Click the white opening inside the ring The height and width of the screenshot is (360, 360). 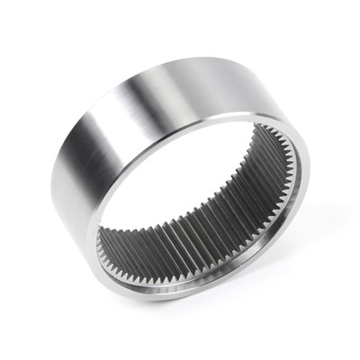(193, 193)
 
